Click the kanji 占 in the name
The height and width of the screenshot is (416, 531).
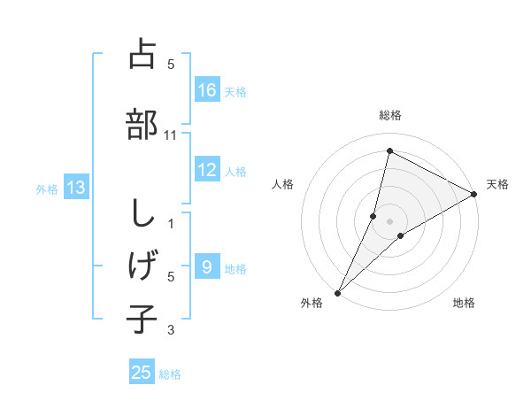(x=142, y=54)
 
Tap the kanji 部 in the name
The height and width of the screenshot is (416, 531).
(x=142, y=124)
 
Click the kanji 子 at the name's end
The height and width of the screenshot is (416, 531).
(x=142, y=319)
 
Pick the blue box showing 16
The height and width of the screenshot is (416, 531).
(x=207, y=90)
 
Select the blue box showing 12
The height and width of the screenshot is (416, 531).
(x=207, y=170)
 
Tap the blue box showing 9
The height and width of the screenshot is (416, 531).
(x=207, y=266)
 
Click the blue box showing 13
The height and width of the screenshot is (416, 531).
(x=75, y=187)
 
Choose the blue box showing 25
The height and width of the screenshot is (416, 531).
(x=142, y=373)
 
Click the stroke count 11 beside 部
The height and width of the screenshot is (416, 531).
(x=171, y=135)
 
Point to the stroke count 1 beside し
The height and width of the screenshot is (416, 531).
(x=171, y=223)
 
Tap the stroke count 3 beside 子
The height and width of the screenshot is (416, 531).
(x=171, y=330)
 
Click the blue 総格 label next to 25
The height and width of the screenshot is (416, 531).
(x=170, y=374)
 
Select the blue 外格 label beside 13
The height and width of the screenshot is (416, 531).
(x=46, y=189)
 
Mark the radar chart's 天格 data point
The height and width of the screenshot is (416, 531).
(x=474, y=195)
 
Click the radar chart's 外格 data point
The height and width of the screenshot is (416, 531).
(x=337, y=292)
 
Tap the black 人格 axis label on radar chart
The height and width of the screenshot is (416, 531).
(x=283, y=184)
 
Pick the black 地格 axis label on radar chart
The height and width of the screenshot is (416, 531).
(x=464, y=303)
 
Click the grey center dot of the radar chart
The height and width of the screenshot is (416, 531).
(x=389, y=220)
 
